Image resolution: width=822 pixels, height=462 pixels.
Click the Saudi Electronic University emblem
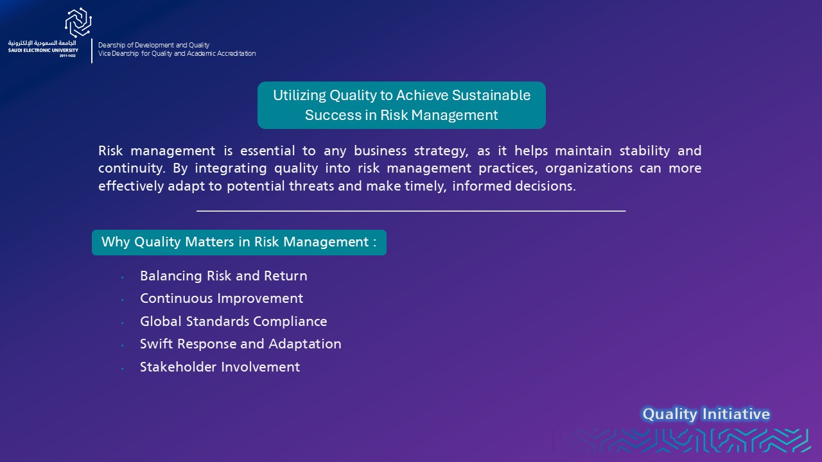[78, 22]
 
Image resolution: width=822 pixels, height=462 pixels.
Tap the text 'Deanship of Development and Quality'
[153, 45]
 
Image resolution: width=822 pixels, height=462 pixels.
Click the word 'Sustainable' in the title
[491, 96]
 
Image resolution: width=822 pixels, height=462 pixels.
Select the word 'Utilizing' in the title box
[299, 96]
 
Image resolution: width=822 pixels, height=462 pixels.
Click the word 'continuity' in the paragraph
[130, 168]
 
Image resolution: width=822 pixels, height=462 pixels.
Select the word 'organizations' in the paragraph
[589, 168]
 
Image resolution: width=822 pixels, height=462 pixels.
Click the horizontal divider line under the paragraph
[411, 211]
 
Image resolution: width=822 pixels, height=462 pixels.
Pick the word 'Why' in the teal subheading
[116, 242]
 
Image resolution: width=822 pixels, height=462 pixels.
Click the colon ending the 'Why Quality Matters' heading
[374, 243]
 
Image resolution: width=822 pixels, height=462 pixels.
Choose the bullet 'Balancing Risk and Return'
[223, 276]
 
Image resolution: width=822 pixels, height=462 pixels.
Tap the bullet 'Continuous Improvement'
[222, 298]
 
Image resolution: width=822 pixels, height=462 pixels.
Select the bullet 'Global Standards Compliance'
[233, 321]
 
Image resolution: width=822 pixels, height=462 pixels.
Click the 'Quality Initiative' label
[706, 415]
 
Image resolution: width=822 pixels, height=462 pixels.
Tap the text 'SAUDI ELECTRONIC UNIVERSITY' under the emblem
[43, 50]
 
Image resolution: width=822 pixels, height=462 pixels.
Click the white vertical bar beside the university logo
[92, 51]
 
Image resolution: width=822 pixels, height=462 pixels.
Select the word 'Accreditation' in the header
[236, 53]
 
